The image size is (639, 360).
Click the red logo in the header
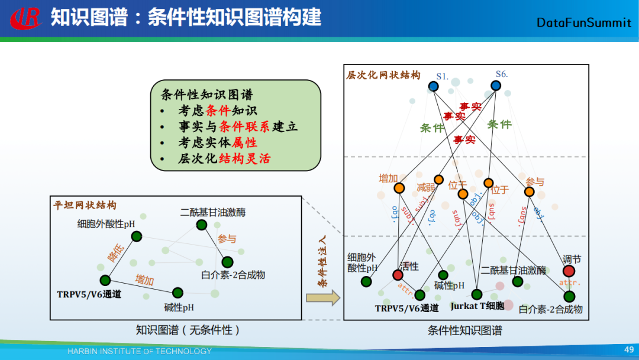[x=25, y=18]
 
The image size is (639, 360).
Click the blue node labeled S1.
[x=433, y=86]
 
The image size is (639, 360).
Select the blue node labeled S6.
[x=496, y=86]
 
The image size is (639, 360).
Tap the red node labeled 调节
[x=569, y=271]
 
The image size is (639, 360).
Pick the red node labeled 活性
[x=398, y=275]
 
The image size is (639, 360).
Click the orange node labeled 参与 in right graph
[x=529, y=192]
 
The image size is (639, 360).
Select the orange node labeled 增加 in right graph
[x=399, y=188]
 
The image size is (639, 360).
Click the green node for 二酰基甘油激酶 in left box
[x=202, y=224]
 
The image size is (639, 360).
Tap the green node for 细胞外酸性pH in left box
[x=136, y=237]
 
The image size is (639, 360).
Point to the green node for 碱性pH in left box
[x=177, y=292]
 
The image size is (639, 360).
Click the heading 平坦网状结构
[x=85, y=205]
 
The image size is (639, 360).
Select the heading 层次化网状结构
[x=383, y=75]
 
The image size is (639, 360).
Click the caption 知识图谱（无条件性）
[x=188, y=330]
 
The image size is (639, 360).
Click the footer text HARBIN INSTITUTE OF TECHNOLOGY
[x=139, y=351]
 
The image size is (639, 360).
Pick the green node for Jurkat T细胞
[x=477, y=294]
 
